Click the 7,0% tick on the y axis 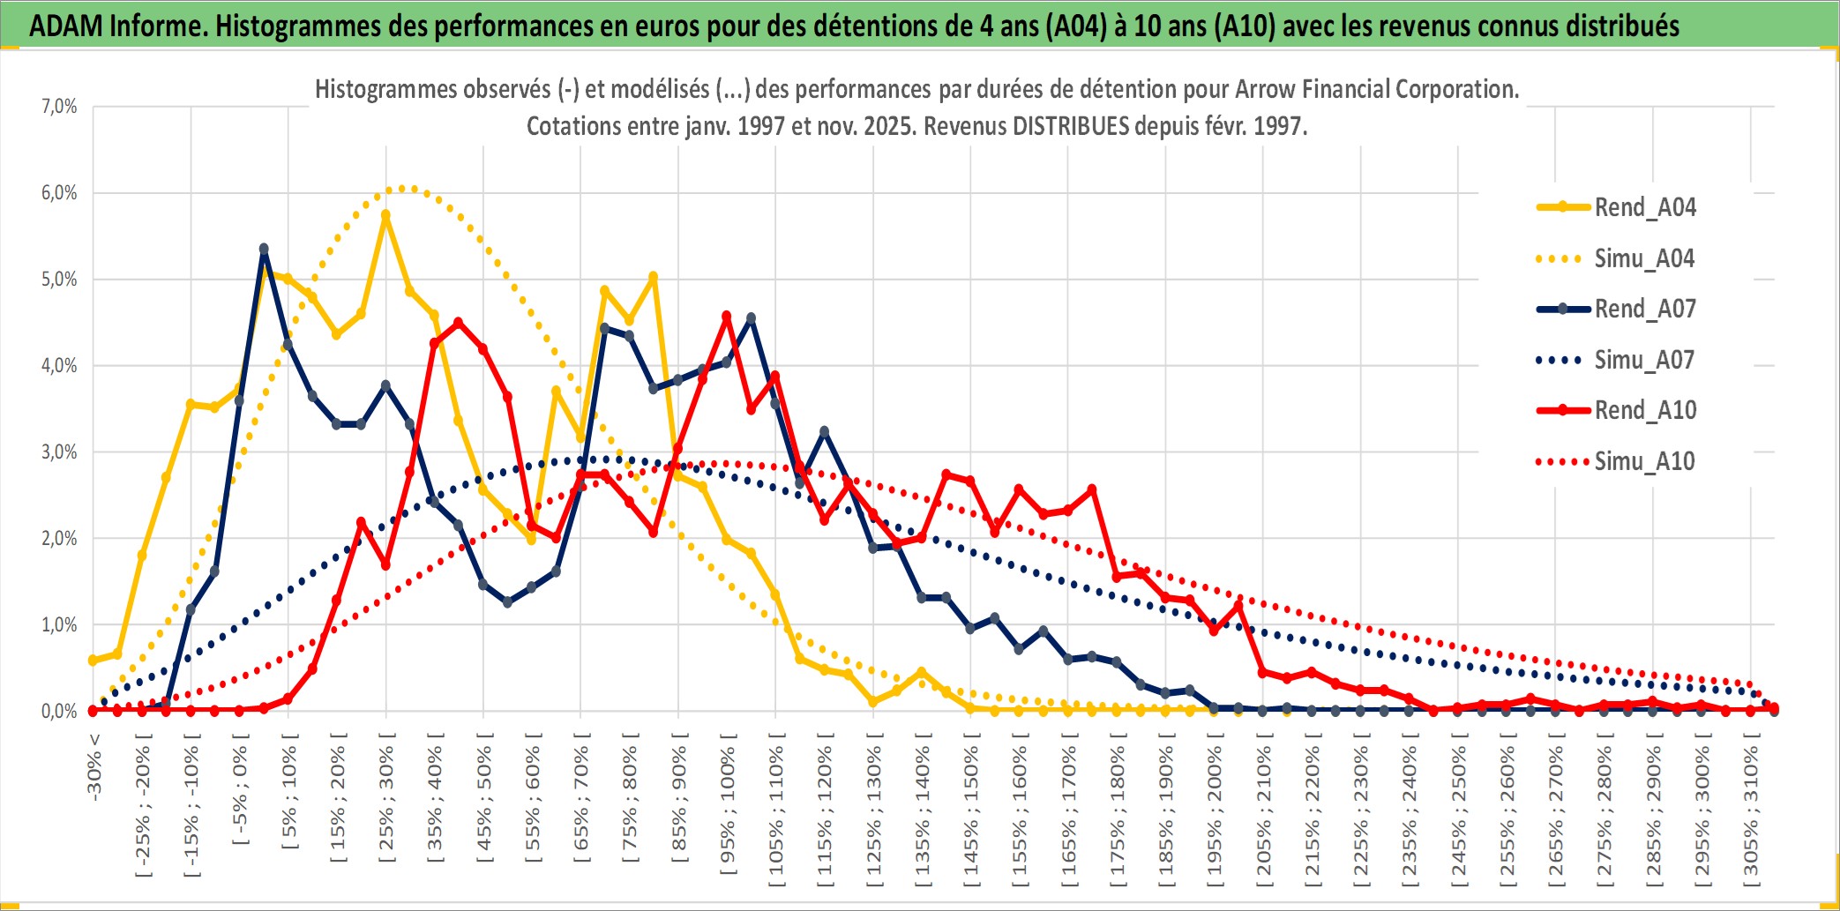point(59,107)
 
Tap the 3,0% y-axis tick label point(59,452)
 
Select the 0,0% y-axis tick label point(59,711)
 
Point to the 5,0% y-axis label point(59,280)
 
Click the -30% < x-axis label point(94,767)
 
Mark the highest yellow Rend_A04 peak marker point(385,214)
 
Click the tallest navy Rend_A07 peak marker point(264,249)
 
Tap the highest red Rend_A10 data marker point(727,316)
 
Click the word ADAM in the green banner point(66,26)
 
